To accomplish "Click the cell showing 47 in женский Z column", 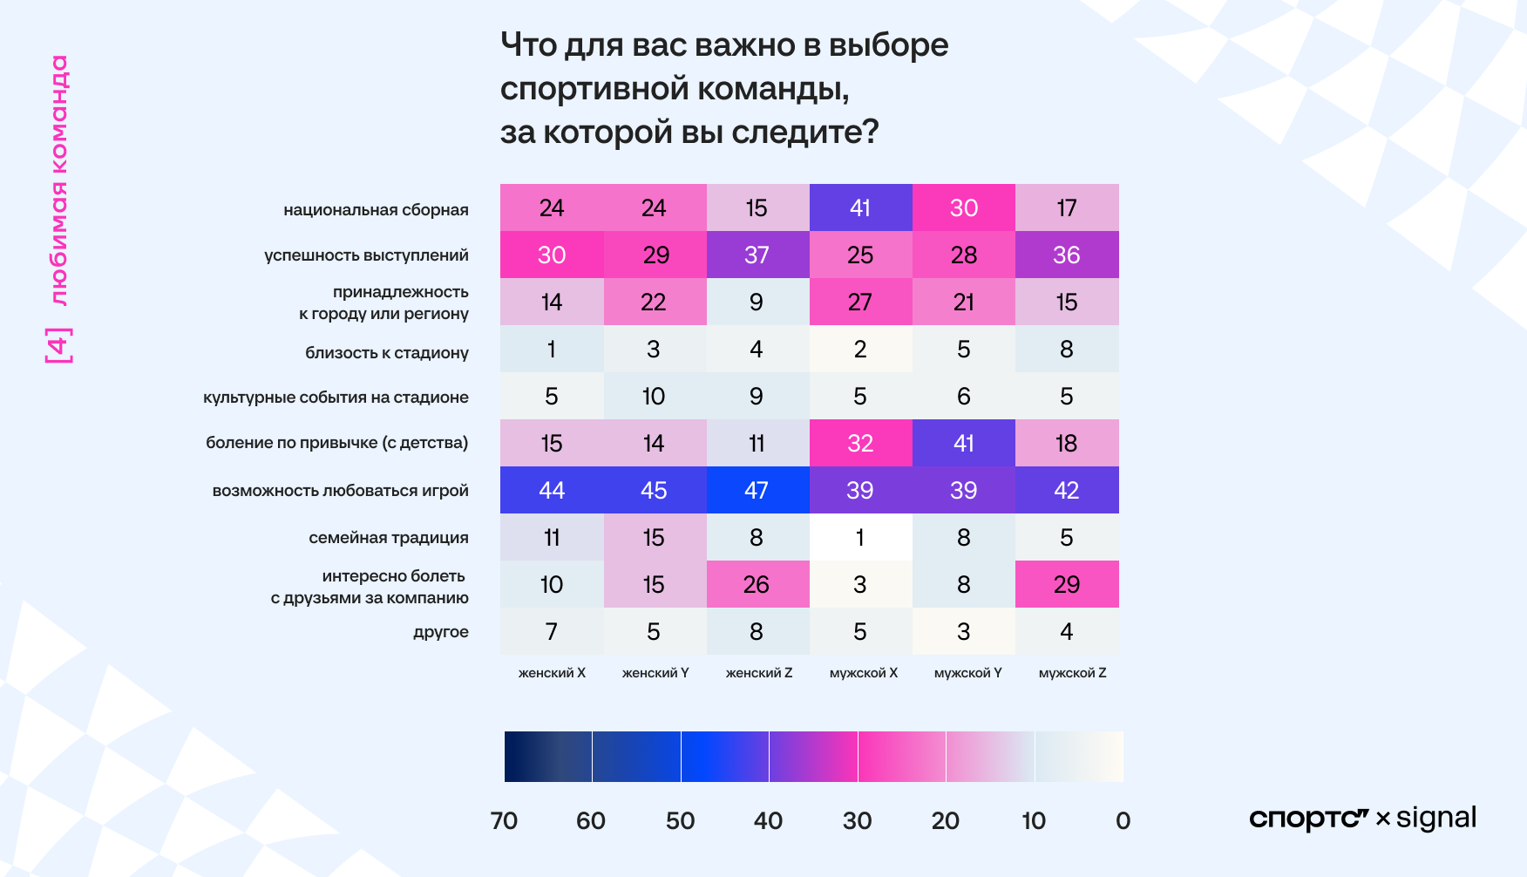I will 757,490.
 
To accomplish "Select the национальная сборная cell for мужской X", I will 860,207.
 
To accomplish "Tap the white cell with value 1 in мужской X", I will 860,537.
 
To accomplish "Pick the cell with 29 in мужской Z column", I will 1067,584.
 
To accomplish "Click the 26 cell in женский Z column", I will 757,584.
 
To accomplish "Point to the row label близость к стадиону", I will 386,353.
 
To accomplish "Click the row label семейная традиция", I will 388,538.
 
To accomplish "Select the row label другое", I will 440,632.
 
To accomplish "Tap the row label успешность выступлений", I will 366,255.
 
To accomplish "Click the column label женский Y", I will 655,673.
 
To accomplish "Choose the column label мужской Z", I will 1072,673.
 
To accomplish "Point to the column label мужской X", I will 863,673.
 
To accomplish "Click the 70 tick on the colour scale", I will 505,820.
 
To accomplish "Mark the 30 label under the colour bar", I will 857,820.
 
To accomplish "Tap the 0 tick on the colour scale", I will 1123,820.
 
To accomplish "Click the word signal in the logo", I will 1436,818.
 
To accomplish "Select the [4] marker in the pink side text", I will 59,345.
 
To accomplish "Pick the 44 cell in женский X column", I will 552,490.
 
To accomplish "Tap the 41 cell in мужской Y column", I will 963,443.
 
